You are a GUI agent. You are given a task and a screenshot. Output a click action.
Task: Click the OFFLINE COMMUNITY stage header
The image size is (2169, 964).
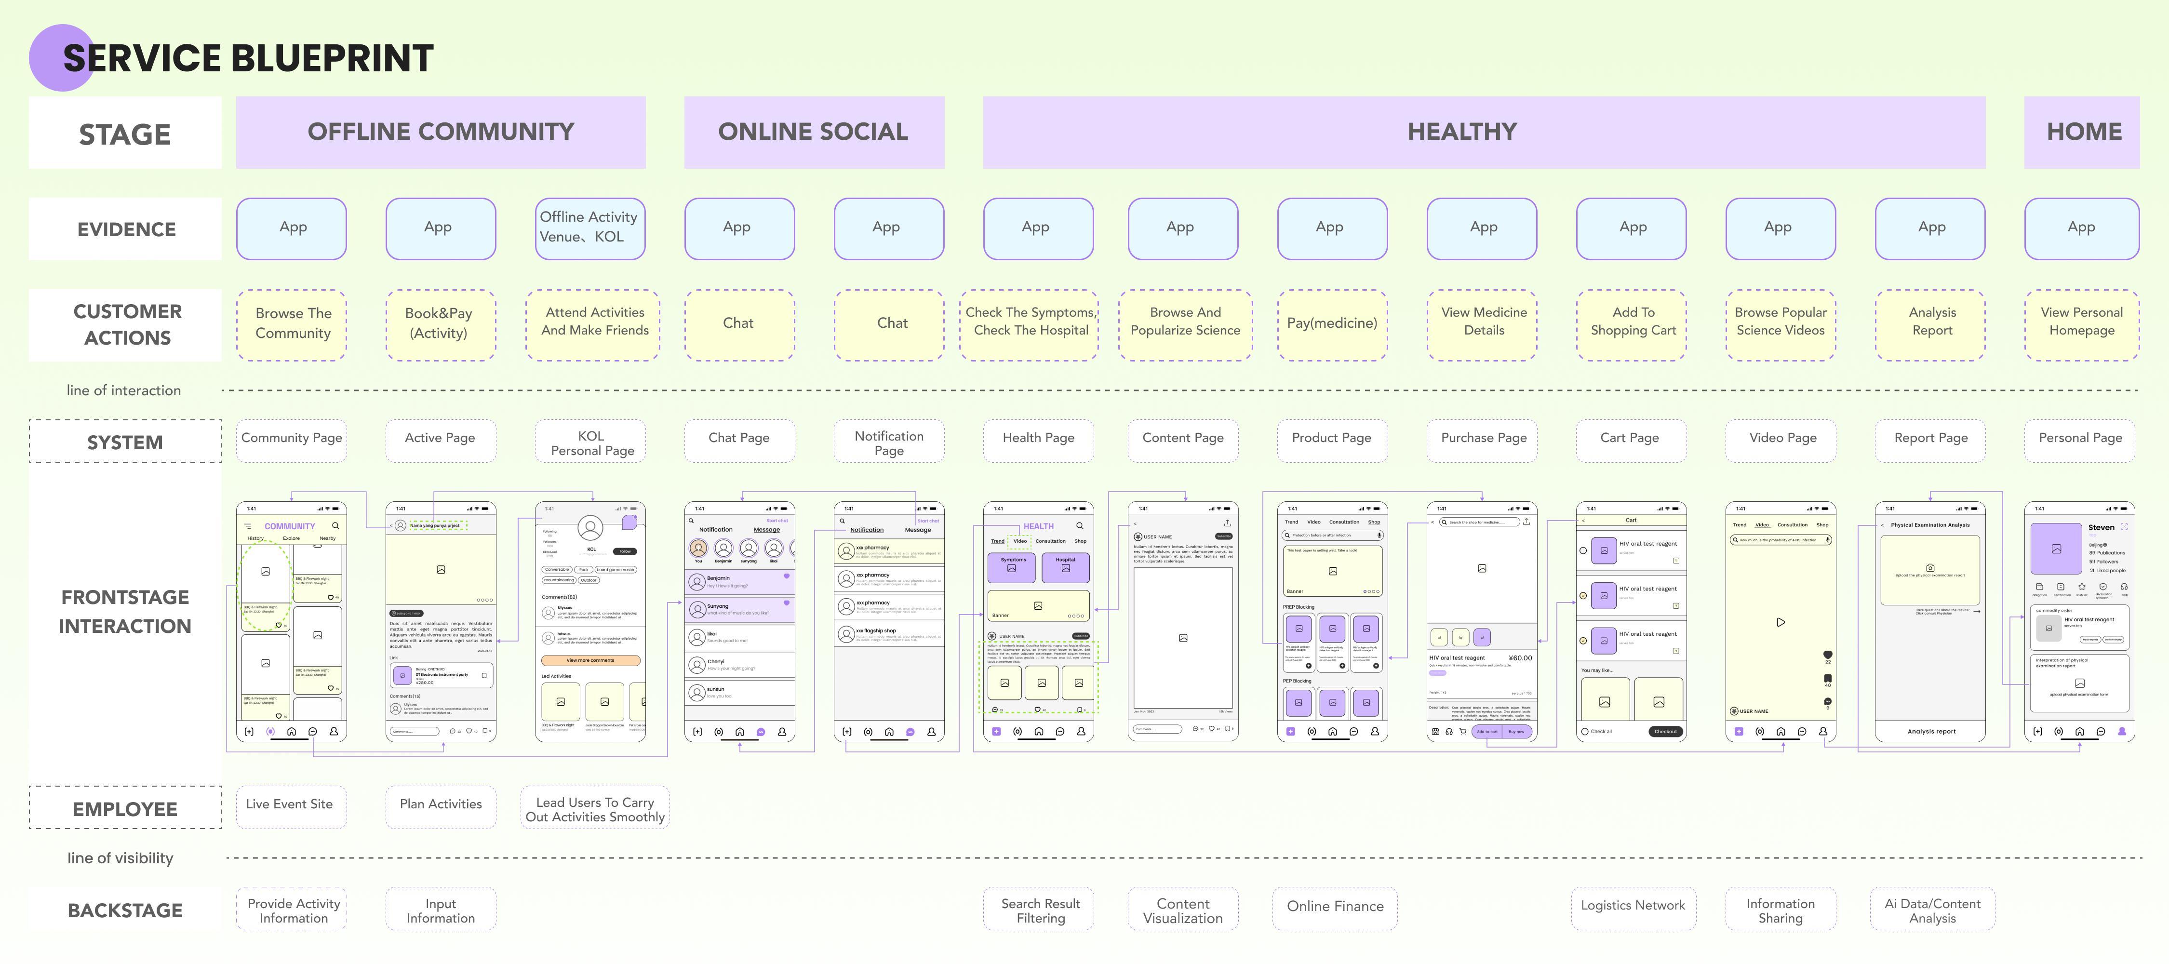tap(441, 132)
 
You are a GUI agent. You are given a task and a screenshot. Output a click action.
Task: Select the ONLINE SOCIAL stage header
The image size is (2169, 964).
tap(814, 132)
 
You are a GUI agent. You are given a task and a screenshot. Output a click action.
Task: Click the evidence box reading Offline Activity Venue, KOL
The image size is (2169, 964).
tap(589, 228)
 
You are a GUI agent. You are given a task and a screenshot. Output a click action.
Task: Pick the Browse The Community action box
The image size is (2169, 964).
tap(292, 324)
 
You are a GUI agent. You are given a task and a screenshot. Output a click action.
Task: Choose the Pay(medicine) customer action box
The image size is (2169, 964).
tap(1331, 324)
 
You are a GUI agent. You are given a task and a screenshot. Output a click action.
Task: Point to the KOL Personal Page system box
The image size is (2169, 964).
tap(591, 442)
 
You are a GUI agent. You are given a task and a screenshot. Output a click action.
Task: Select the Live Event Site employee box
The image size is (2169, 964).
tap(290, 805)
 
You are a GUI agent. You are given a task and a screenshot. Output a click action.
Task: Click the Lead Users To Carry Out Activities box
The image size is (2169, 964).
tap(594, 809)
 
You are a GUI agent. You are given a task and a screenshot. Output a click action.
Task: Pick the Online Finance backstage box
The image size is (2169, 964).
tap(1335, 907)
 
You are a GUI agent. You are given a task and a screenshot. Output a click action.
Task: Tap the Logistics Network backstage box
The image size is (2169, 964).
tap(1633, 907)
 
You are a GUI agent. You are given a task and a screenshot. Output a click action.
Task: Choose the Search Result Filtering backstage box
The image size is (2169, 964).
tap(1040, 910)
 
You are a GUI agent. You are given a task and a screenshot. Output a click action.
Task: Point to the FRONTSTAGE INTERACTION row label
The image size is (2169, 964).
tap(125, 611)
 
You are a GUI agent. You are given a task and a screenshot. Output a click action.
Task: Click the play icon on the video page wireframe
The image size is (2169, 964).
tap(1780, 622)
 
